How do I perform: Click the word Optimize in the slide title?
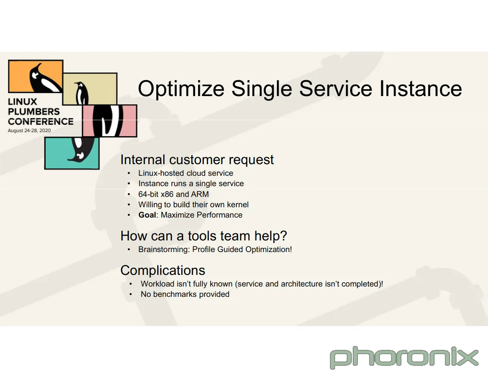(181, 89)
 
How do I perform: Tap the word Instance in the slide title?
(420, 88)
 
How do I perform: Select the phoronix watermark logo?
(404, 357)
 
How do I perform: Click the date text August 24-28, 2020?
(29, 131)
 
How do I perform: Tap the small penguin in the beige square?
(81, 93)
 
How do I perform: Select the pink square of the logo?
(109, 121)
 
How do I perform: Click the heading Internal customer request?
(197, 160)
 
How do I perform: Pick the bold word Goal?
(147, 215)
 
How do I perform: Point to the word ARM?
(200, 194)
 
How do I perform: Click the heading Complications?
(163, 270)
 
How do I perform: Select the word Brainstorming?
(164, 249)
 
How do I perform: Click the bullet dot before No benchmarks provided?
(131, 294)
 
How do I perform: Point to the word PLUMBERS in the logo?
(34, 112)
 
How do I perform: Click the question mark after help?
(283, 236)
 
